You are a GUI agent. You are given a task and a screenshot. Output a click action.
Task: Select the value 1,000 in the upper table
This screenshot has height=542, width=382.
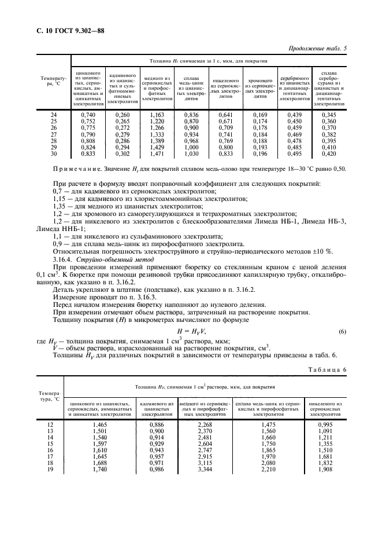point(191,149)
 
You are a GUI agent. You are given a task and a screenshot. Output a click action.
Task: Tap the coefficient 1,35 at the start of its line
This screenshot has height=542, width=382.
point(57,205)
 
